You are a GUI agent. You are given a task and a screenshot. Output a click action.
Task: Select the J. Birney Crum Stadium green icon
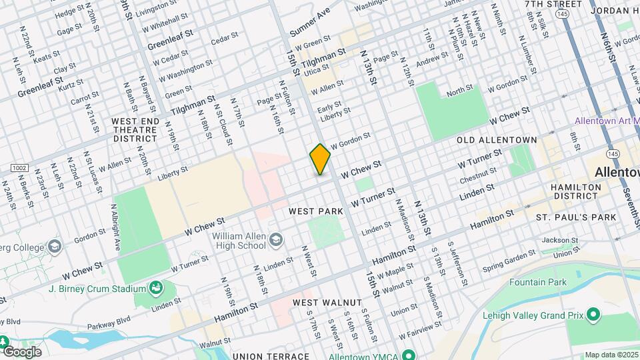point(156,289)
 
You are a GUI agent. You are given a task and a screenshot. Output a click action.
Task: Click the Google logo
point(21,351)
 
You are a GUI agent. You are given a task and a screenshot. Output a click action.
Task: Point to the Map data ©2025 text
point(611,355)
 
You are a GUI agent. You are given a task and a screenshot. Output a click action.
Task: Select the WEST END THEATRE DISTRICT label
point(135,130)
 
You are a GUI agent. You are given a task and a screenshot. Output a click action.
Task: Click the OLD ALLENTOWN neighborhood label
point(497,140)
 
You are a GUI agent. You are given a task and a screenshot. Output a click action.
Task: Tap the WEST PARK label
point(316,211)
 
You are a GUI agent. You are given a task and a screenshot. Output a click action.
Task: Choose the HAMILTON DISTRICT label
point(575,192)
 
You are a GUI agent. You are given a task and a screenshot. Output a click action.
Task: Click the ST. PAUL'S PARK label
point(576,217)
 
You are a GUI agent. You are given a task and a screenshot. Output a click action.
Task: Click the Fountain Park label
point(537,282)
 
